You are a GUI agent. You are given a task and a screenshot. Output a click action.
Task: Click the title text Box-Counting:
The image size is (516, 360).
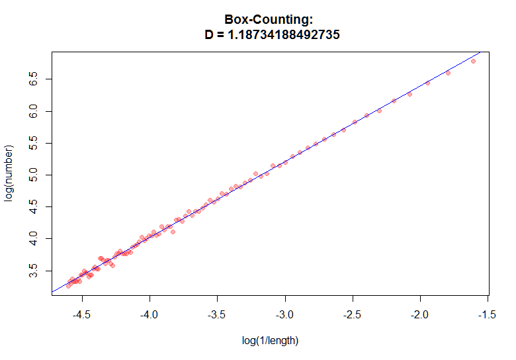[272, 20]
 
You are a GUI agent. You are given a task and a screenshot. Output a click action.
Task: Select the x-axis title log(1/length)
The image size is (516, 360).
[271, 341]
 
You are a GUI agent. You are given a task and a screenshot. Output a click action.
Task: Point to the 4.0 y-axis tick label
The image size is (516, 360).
[38, 238]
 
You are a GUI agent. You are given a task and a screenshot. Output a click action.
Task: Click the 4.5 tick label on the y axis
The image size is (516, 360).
[38, 206]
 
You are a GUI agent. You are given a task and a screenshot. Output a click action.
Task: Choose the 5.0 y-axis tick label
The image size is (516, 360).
[38, 175]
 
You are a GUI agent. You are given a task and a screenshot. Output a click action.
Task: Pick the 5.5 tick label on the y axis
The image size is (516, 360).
[38, 144]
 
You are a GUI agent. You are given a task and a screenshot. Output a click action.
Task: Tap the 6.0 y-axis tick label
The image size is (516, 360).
[38, 112]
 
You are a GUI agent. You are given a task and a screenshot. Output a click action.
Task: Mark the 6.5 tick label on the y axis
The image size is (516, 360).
[38, 80]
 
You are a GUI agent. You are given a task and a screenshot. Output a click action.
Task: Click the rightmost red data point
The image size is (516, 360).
[473, 61]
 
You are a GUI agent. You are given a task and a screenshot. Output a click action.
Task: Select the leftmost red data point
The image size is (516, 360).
[68, 286]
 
